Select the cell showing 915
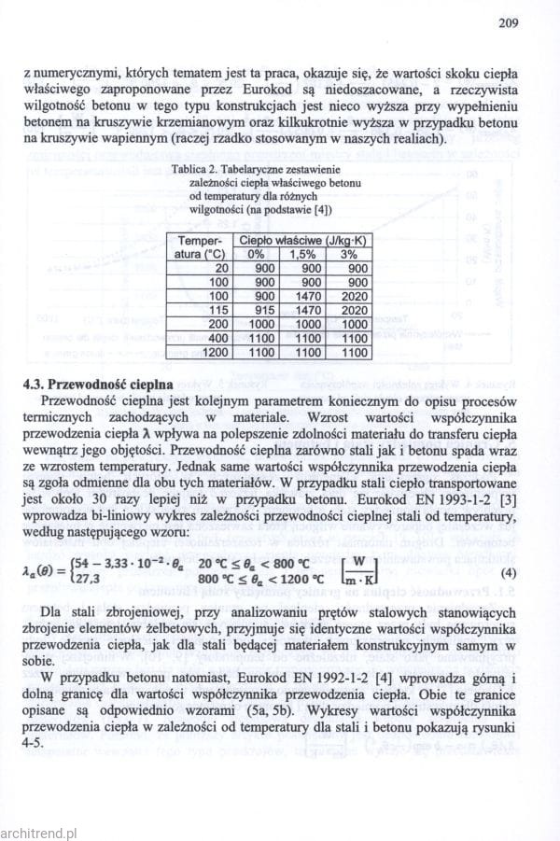click(x=264, y=309)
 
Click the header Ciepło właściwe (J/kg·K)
click(x=301, y=240)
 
